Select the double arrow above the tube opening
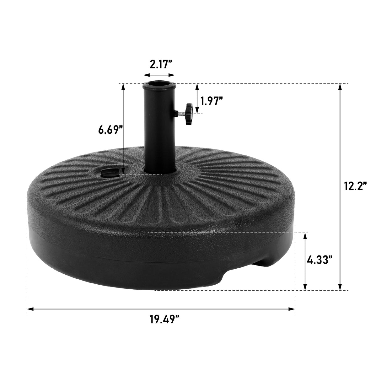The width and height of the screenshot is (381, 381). click(x=159, y=75)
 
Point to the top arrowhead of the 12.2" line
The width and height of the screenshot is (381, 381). click(x=340, y=87)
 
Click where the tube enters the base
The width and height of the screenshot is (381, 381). click(x=159, y=169)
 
